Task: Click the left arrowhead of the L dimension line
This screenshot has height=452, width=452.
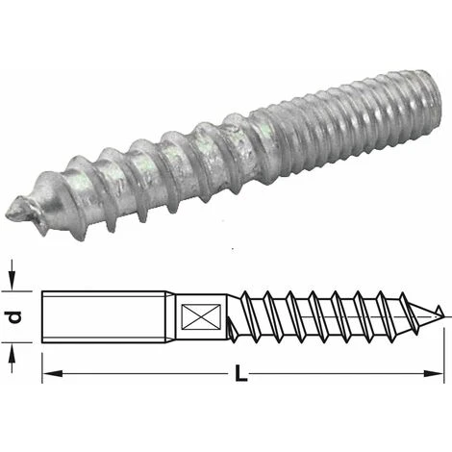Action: (49, 371)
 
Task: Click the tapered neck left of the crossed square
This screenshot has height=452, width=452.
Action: (164, 314)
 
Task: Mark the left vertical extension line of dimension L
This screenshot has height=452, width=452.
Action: (43, 356)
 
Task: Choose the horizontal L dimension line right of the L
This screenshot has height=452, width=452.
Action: (346, 371)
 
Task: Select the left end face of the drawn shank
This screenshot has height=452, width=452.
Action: (44, 314)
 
